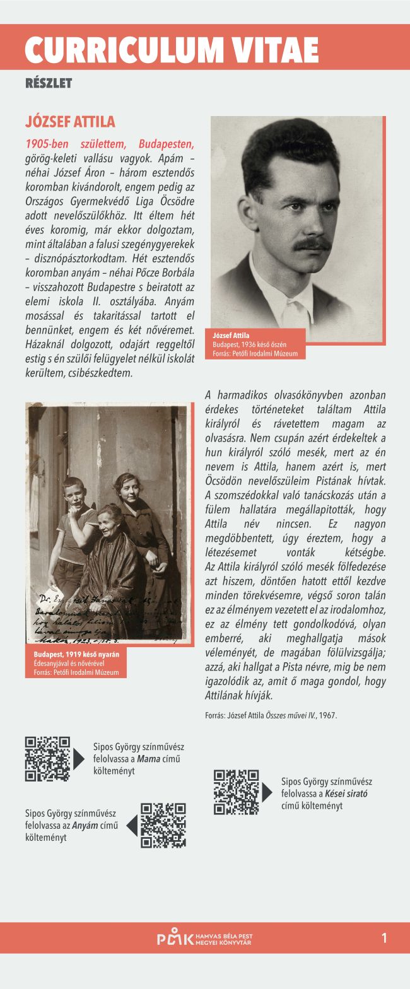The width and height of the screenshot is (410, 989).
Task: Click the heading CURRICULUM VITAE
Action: coord(172,49)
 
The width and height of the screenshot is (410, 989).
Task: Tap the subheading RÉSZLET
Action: coord(49,83)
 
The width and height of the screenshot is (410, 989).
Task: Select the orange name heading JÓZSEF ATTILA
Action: coord(70,122)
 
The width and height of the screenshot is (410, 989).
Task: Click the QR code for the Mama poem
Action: coord(47,759)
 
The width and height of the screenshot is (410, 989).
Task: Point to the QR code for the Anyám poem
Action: coord(163,826)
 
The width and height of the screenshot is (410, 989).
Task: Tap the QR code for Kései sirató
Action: coord(236,792)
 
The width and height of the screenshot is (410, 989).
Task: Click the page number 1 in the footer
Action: coord(384,938)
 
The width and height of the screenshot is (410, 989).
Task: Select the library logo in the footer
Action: coord(204,939)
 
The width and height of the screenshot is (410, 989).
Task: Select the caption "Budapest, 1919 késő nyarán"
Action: coord(76,654)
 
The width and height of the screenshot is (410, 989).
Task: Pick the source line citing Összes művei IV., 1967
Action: coord(271,715)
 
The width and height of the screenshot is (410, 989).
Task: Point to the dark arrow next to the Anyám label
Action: coord(132,825)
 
